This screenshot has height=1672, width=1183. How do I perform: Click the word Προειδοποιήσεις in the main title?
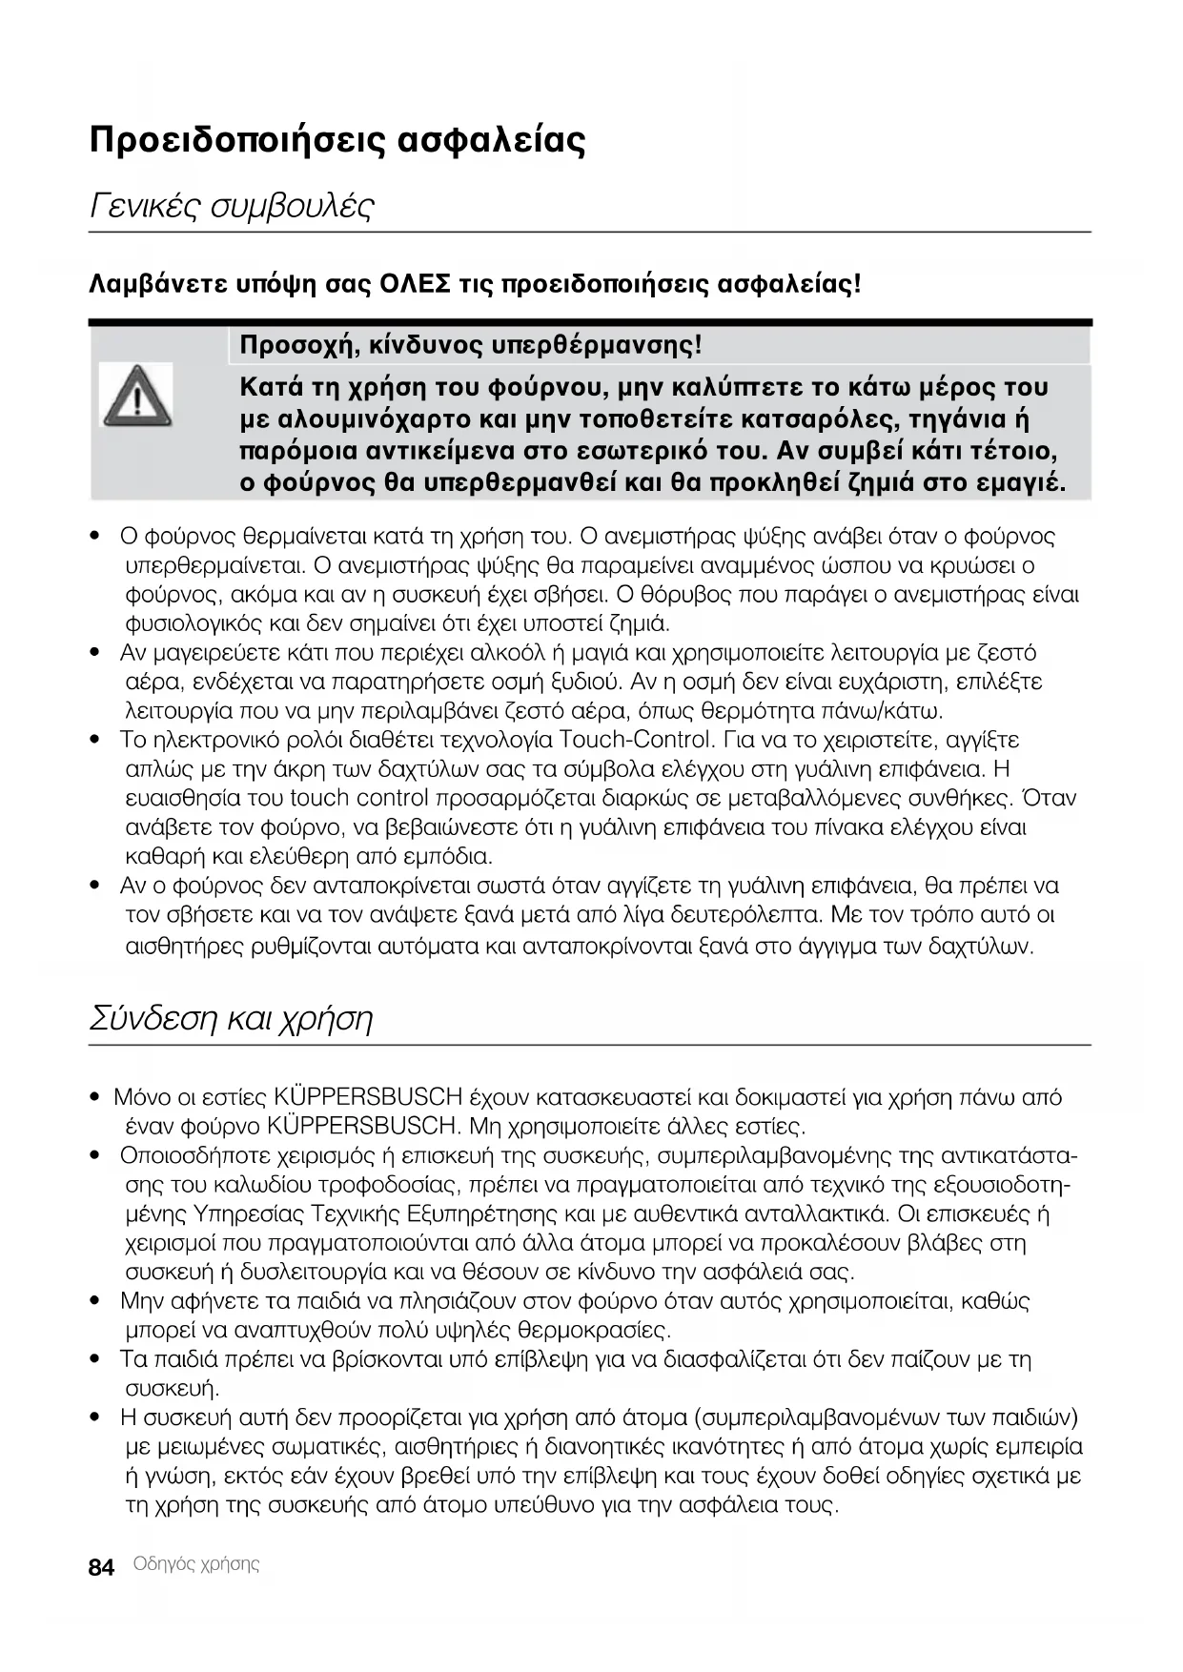pyautogui.click(x=236, y=141)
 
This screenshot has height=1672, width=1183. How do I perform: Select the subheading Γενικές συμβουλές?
pyautogui.click(x=232, y=205)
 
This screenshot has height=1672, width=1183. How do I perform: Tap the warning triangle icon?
pyautogui.click(x=136, y=395)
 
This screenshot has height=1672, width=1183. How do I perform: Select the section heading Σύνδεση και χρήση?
pyautogui.click(x=231, y=1018)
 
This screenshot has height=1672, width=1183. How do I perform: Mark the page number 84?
pyautogui.click(x=101, y=1568)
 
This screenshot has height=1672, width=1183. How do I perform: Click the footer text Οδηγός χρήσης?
pyautogui.click(x=196, y=1564)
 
